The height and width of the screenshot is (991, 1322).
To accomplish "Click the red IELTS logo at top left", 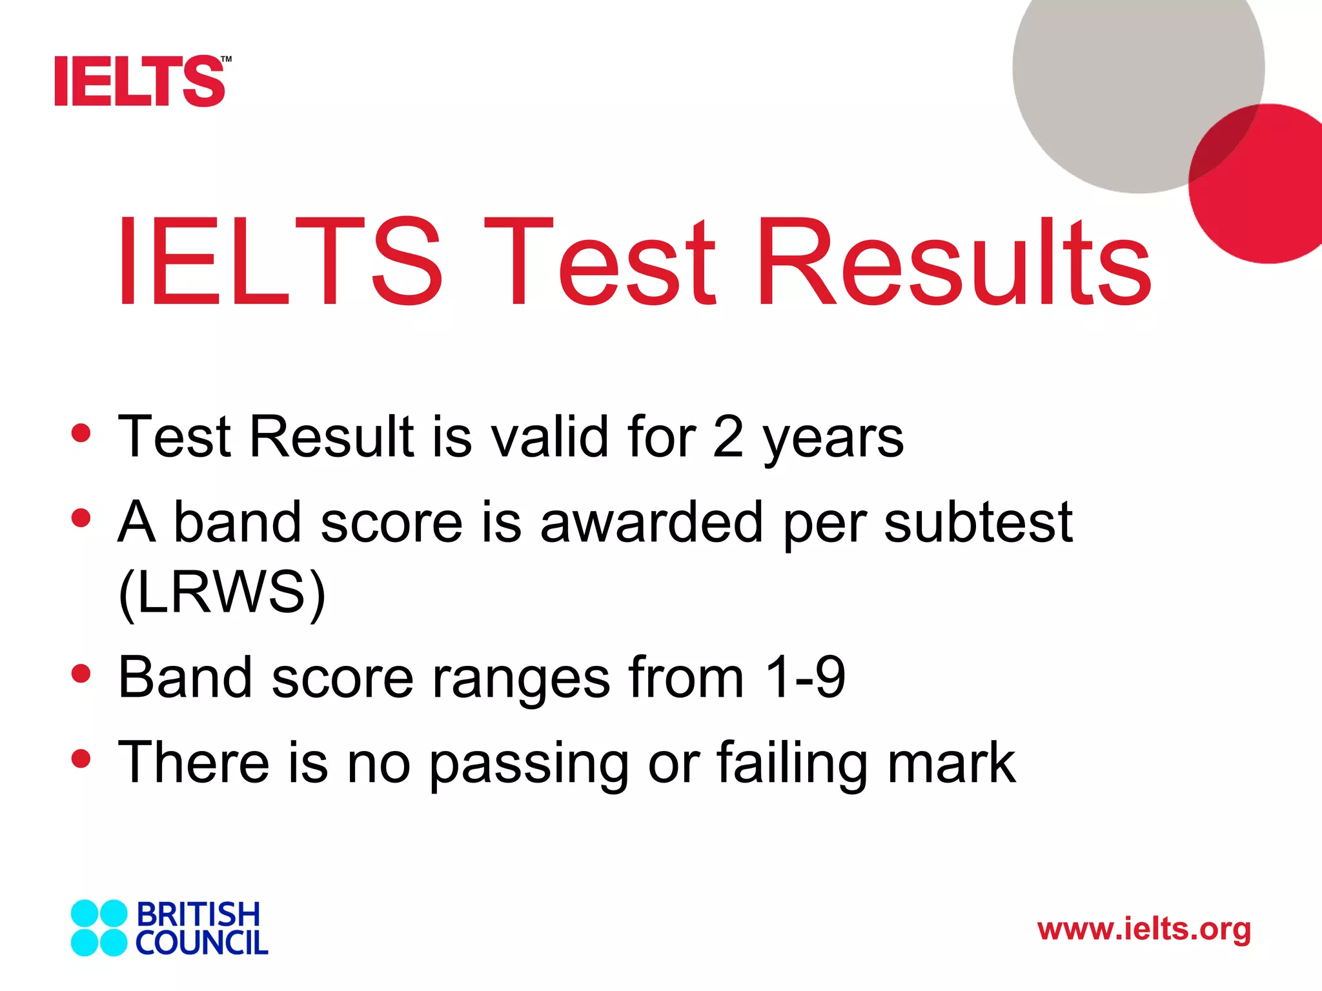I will pos(141,81).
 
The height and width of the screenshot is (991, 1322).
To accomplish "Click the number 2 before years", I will pos(728,437).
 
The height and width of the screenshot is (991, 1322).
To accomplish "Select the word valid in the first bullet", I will pos(550,437).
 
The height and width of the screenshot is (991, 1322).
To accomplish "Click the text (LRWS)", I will pos(222,592).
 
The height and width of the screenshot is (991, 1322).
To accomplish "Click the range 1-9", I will pos(804,677).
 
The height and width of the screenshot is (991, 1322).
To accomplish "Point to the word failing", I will pos(792,763).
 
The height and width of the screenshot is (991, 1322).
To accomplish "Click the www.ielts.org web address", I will pos(1144,930).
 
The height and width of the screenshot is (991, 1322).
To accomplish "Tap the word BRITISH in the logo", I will pos(198,915).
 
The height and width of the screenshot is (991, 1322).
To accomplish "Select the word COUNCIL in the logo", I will pos(201,943).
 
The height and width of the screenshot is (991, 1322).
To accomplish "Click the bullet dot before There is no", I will pos(81,759).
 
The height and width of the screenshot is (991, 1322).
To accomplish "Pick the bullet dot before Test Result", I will pos(81,433).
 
